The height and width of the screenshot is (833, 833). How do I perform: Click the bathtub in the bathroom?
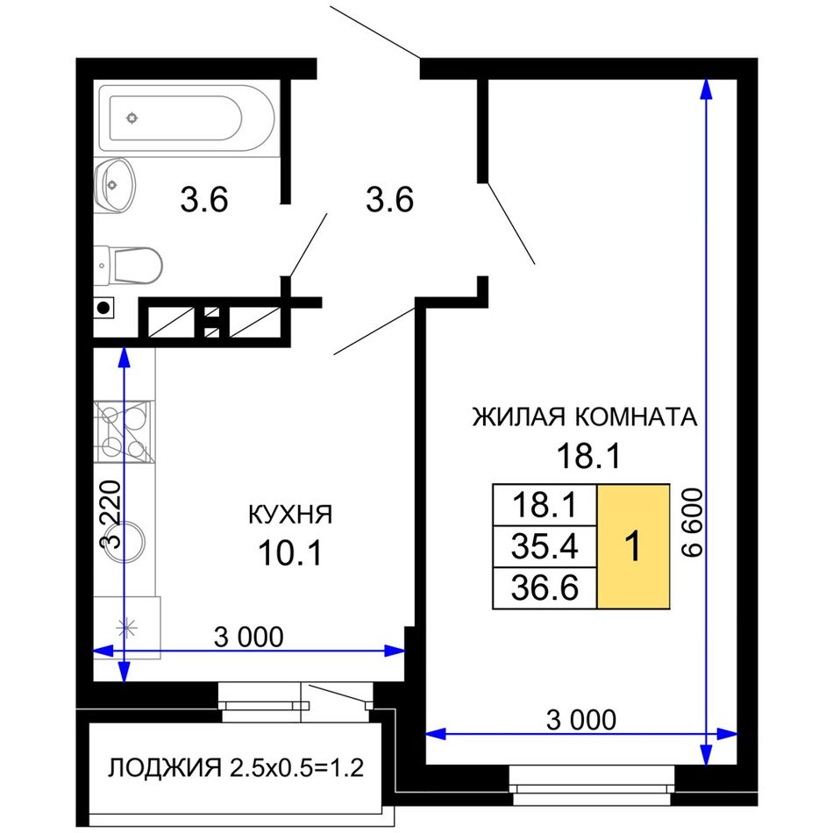189,118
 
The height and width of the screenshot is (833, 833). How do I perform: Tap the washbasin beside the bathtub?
114,185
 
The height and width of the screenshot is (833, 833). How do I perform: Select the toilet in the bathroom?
128,265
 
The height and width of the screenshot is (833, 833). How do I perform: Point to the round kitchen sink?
125,541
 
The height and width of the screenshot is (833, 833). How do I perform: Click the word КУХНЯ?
290,515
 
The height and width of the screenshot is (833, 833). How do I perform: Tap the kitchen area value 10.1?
290,552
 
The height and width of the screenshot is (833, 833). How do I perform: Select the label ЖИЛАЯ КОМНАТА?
585,416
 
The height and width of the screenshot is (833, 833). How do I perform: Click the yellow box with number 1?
633,546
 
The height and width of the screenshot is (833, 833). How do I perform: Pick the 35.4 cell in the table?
545,546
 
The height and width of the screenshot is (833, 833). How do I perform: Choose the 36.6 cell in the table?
545,588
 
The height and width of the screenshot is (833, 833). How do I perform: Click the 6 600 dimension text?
692,523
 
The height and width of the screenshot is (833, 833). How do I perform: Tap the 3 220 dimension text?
111,514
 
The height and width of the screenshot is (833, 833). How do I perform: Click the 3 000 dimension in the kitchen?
249,637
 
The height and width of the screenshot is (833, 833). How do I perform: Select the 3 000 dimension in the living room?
581,720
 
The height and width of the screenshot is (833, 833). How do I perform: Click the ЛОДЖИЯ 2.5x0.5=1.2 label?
236,768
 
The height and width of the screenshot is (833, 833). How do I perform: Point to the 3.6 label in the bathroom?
204,200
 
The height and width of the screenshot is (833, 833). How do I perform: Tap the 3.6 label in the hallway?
390,200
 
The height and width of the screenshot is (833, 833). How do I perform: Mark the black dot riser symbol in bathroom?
103,308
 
